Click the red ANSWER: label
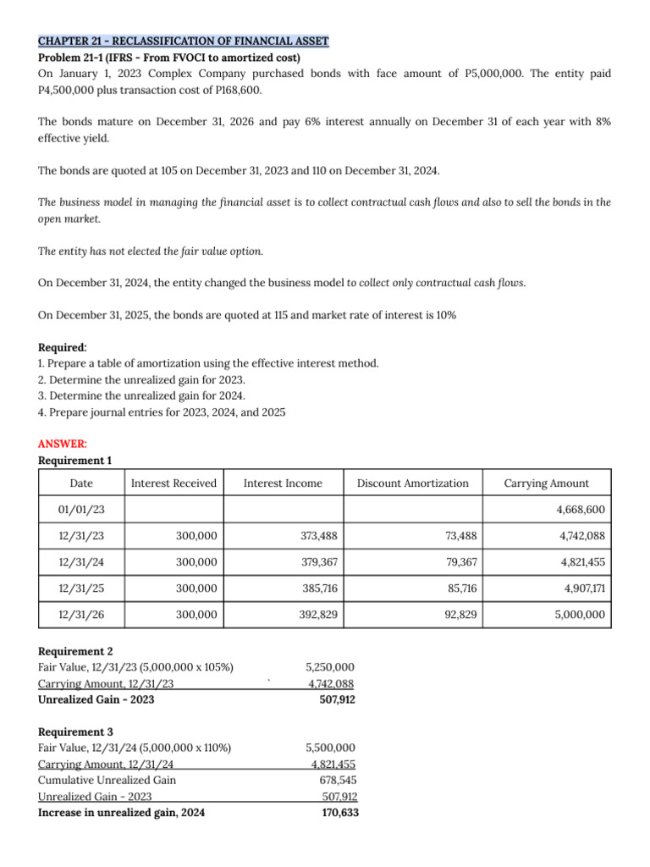tap(63, 444)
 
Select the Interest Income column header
tap(283, 483)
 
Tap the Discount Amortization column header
tap(412, 483)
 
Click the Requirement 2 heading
tap(75, 652)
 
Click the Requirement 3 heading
tap(75, 732)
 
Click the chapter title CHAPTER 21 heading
tap(183, 41)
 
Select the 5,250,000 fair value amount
tap(329, 668)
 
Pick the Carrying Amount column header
tap(547, 483)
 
